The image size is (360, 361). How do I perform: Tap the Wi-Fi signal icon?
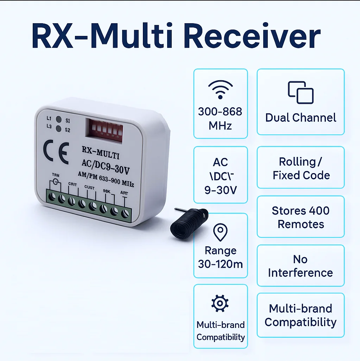point(220,89)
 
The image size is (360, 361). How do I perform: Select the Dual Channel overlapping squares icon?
point(301,93)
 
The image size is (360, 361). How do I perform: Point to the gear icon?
point(220,303)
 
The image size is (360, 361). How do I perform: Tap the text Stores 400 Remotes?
point(301,217)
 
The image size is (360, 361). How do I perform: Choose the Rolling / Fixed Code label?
point(301,169)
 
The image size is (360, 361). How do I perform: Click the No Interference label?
point(300,266)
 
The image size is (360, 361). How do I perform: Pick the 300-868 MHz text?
point(220,119)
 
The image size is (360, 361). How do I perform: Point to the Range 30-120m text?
point(221,257)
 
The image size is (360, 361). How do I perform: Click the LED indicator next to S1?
point(59,119)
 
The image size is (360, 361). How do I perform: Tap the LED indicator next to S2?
point(59,129)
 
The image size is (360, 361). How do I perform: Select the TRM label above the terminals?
point(56,175)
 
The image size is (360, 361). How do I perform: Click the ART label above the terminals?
point(124,193)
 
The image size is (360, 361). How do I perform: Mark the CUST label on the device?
point(89,188)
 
